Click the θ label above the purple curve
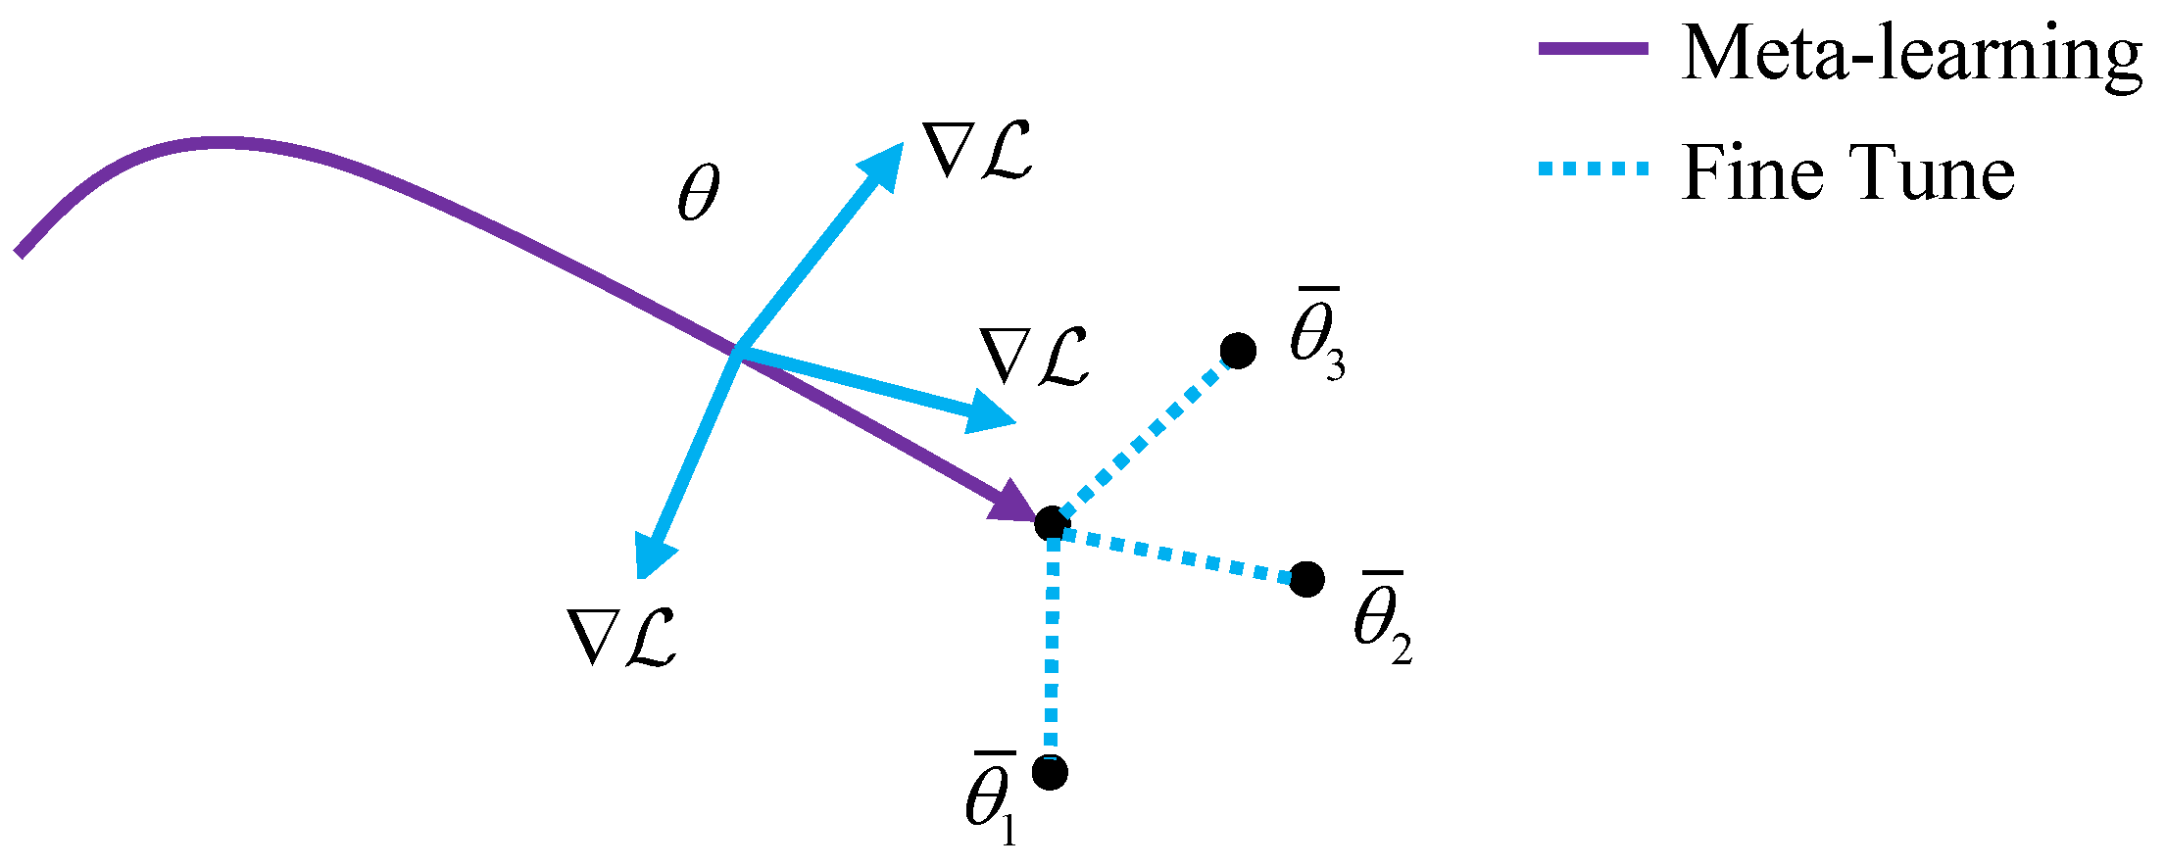699,193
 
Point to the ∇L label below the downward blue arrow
622,638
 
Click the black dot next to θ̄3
1239,350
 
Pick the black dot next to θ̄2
1307,579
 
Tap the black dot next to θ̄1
1050,772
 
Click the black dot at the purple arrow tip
1051,523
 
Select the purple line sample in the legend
1593,49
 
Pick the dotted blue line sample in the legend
1593,169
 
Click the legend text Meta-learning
1911,54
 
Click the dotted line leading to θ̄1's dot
1052,647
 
